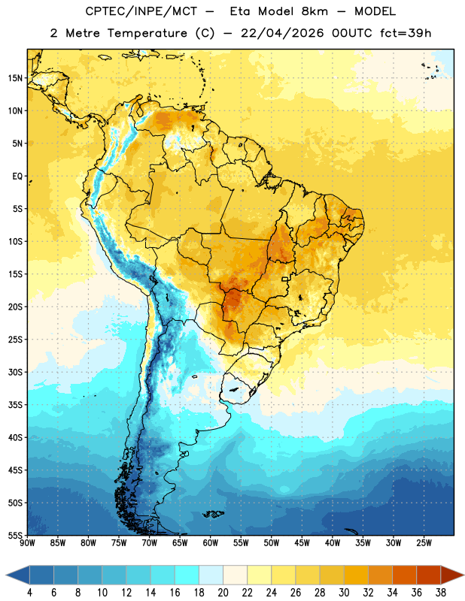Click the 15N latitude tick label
(15, 78)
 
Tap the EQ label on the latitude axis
(17, 177)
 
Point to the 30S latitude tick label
(15, 372)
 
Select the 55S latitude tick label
(15, 536)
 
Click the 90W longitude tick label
(27, 543)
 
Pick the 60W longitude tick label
(211, 543)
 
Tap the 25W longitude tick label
(424, 543)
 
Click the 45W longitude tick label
(302, 543)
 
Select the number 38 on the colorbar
(441, 593)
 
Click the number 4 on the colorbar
(29, 593)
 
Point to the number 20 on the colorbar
(223, 593)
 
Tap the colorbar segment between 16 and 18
(187, 575)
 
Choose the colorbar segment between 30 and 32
(356, 575)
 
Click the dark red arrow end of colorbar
(451, 575)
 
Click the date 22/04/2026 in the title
(282, 33)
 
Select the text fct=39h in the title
(406, 33)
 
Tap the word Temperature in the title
(147, 33)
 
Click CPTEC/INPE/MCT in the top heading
(141, 11)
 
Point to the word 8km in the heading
(315, 11)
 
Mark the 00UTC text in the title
(352, 33)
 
